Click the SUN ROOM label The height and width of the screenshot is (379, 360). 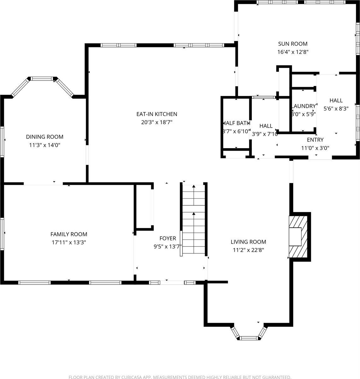[292, 44]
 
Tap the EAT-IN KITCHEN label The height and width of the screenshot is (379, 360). [156, 114]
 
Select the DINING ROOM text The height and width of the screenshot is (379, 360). [44, 137]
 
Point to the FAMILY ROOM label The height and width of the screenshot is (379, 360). [69, 234]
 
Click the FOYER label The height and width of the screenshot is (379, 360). [168, 238]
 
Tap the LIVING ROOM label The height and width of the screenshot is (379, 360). [248, 242]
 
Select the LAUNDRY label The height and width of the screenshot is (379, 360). [304, 106]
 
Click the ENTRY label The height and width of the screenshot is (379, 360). [315, 140]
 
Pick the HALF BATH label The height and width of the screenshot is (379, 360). [237, 123]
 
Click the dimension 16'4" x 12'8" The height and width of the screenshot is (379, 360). [292, 52]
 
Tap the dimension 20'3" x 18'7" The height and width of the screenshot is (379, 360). [156, 122]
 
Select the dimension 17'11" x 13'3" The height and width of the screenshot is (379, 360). [69, 243]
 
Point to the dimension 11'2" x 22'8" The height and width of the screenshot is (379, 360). [248, 250]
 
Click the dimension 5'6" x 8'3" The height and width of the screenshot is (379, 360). [336, 109]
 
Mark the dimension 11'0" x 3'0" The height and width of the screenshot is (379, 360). [315, 148]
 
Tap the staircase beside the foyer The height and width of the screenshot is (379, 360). [193, 220]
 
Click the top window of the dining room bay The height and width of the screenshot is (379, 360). [42, 79]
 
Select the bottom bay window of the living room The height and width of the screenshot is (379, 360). [249, 338]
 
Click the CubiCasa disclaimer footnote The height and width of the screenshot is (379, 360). [180, 377]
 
